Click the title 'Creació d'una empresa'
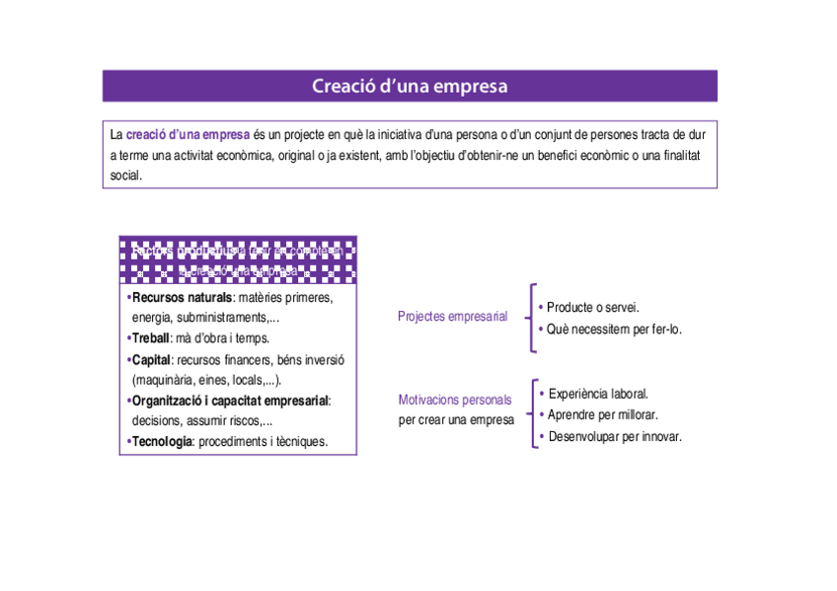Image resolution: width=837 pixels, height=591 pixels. point(410,86)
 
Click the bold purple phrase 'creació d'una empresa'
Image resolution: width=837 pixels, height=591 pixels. point(188,134)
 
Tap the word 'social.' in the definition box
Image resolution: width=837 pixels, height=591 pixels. point(126,176)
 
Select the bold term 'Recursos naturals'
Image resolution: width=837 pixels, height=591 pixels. point(182,297)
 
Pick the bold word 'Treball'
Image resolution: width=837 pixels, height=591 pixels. point(151,338)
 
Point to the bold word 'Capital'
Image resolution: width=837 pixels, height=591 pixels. point(152,359)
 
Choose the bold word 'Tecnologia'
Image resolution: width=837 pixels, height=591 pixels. point(162,441)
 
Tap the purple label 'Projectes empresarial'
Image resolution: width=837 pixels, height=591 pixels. point(452,317)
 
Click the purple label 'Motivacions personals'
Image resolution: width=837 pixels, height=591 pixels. point(455,400)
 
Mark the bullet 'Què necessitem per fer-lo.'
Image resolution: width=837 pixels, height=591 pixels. point(614,329)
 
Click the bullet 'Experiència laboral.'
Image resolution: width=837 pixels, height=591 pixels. point(598,394)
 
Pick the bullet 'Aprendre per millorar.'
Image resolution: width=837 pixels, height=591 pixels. point(602,414)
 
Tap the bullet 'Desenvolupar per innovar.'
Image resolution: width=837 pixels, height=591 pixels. point(614,436)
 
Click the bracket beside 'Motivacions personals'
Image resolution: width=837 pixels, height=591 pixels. point(531,414)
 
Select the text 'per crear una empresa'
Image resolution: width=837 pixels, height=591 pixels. point(456,419)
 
